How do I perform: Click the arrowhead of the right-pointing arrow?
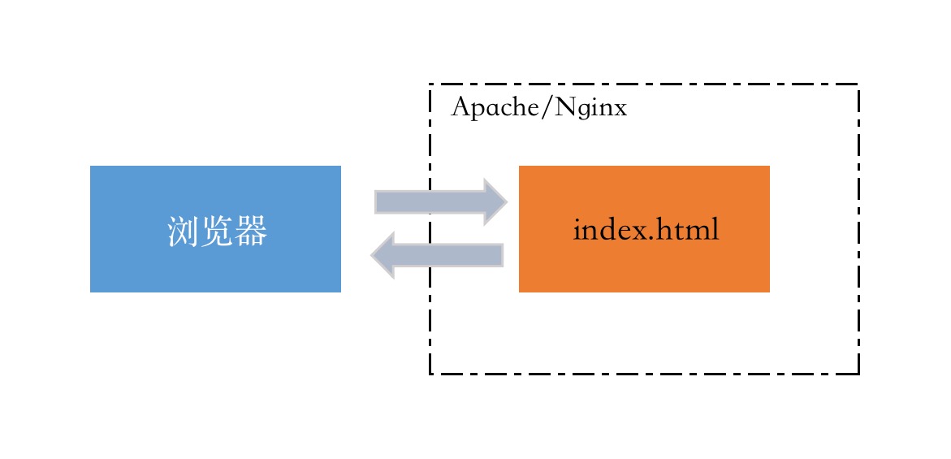point(495,201)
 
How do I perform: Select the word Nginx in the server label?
point(591,108)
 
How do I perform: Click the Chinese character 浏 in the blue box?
point(183,232)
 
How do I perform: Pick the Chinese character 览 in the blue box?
point(217,232)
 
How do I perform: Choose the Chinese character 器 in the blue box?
point(251,232)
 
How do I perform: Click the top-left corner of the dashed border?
point(430,84)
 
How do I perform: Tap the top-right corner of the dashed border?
point(858,84)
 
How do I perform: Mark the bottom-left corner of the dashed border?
point(430,374)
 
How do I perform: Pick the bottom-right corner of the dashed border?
point(858,374)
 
